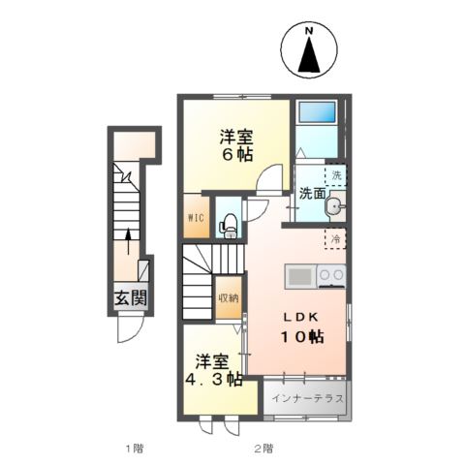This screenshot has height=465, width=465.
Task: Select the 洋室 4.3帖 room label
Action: click(214, 371)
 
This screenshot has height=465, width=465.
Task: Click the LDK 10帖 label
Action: click(301, 327)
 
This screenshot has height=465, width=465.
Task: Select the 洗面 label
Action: click(312, 194)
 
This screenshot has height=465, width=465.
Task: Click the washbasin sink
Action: click(335, 206)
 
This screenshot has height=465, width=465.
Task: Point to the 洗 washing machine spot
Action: click(336, 175)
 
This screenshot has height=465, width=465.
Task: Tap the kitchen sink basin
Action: click(300, 276)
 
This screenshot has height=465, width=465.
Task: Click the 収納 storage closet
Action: click(228, 298)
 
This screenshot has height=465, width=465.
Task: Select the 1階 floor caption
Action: click(134, 448)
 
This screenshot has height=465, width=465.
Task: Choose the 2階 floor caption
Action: click(263, 448)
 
